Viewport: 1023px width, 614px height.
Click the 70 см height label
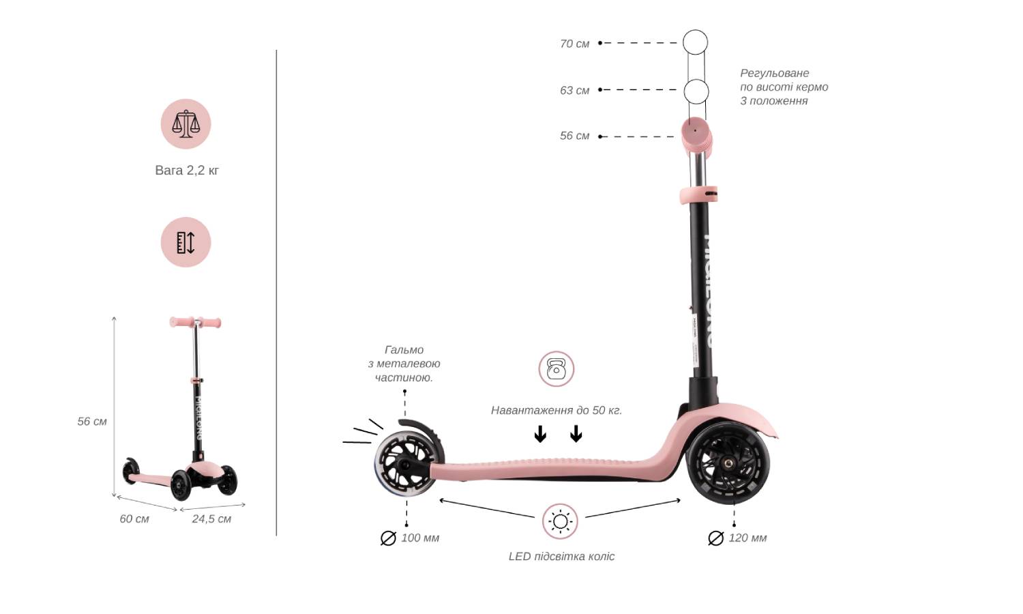tap(574, 44)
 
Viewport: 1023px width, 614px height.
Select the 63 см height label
tap(574, 91)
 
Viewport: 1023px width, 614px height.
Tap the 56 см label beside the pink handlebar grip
tap(574, 136)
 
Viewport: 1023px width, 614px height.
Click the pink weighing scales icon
tap(186, 123)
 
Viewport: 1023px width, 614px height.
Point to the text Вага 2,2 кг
tap(187, 171)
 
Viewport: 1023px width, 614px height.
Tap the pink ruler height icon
tap(186, 242)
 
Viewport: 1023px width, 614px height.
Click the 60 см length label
tap(134, 519)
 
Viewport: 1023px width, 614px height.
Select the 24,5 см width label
tap(211, 519)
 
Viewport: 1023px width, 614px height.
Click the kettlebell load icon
tap(557, 368)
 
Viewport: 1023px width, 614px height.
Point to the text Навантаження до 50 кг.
tap(557, 410)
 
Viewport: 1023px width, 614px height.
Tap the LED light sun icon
tap(560, 521)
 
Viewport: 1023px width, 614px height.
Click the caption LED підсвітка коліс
tap(561, 557)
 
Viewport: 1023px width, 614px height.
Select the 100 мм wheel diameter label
tap(410, 538)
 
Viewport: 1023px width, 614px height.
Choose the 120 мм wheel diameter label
tap(737, 538)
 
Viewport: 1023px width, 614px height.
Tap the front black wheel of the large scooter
tap(728, 463)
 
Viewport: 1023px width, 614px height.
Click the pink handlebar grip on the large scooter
tap(696, 136)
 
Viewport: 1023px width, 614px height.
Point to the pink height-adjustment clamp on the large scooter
tap(698, 194)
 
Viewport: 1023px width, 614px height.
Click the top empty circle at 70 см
tap(695, 42)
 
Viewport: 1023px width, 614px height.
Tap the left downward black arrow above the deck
tap(540, 434)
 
